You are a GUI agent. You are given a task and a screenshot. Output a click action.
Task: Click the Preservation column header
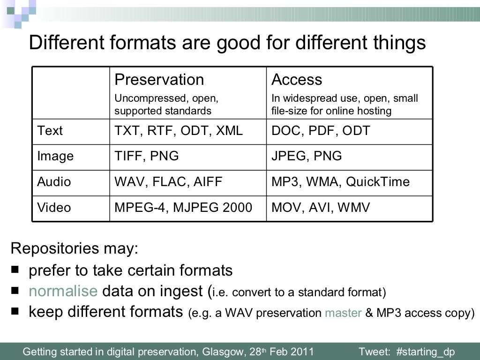pos(159,80)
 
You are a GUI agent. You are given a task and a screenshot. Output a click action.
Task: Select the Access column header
pos(297,80)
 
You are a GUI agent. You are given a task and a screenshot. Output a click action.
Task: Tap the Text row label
pos(50,131)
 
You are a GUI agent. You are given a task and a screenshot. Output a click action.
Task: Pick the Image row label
pos(55,156)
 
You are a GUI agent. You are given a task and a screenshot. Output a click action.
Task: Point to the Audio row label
pos(54,182)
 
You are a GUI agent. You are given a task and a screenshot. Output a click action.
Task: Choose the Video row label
pos(54,207)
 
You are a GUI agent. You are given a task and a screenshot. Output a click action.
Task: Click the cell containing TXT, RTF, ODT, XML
pos(179,131)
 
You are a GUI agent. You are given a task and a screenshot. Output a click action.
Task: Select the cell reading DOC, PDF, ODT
pos(321,131)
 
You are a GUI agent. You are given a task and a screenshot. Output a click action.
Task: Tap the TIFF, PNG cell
pos(147,156)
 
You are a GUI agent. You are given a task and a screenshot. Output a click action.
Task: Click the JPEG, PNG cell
pos(307,156)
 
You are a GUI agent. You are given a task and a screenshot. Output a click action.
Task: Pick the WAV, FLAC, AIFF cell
pos(168,182)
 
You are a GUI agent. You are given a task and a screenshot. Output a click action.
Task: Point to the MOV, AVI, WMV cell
pos(321,207)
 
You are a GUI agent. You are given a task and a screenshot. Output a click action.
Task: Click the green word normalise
pos(62,291)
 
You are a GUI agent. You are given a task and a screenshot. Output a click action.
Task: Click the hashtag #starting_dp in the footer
pos(425,352)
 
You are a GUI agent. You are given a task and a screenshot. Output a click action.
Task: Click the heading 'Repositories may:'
pos(74,248)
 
